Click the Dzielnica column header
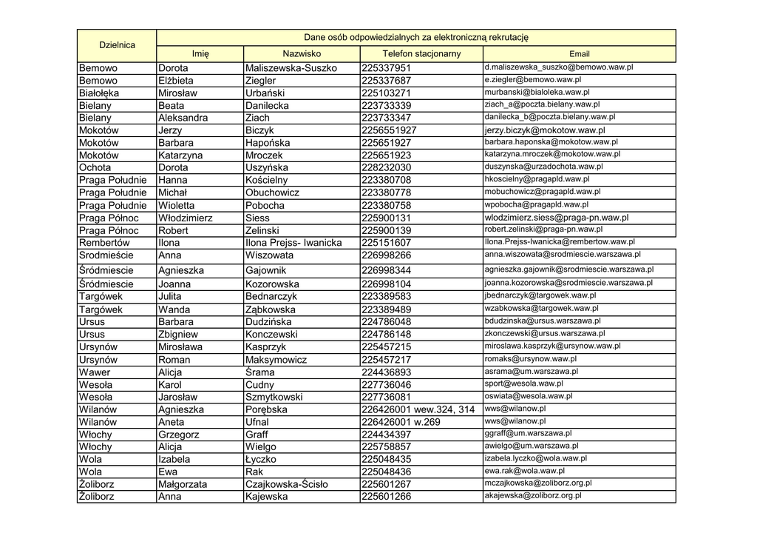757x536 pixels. point(117,45)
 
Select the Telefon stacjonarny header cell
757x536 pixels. point(421,54)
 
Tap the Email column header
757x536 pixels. point(580,54)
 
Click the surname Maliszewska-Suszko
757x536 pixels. point(291,68)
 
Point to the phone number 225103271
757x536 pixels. point(386,93)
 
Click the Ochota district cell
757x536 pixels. point(97,168)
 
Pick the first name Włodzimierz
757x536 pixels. point(185,218)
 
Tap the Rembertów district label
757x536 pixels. point(104,243)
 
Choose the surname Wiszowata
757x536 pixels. point(269,255)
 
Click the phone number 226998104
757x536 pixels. point(386,284)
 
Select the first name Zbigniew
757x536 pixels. point(179,335)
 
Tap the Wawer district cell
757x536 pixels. point(95,372)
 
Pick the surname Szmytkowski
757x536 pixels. point(274,398)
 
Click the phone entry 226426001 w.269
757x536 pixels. point(401,422)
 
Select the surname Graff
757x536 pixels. point(257,435)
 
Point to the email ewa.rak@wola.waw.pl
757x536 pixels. point(524,471)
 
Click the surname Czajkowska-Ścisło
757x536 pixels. point(287,484)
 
